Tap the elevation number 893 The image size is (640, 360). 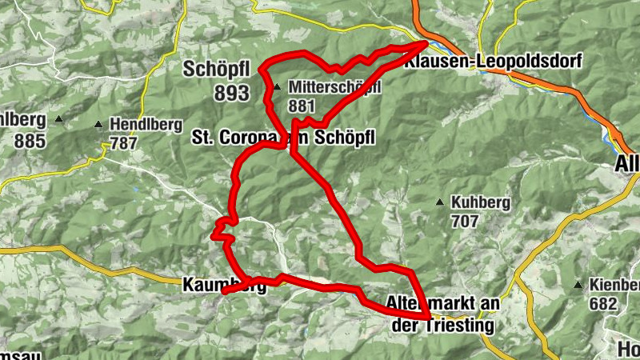coord(231,93)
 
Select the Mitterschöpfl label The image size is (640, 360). coord(334,86)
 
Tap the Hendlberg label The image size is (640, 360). coord(142,125)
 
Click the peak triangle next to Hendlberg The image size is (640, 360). coord(98,125)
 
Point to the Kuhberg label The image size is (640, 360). coord(480,202)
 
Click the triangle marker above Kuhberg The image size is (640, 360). coord(439,202)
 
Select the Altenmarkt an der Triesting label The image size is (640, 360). coord(442,314)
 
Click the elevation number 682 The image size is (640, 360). coord(603,303)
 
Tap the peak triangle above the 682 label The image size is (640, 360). coord(578,285)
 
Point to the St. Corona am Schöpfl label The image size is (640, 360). coord(283,138)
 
